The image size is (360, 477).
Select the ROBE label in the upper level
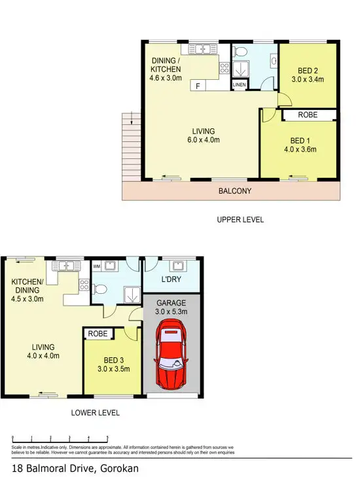308,115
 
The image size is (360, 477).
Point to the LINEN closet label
238,85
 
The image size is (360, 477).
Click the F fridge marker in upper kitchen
197,85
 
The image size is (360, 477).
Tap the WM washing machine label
97,266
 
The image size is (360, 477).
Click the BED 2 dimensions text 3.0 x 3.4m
308,81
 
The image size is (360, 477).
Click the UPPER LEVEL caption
240,220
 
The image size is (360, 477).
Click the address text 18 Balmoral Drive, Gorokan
75,468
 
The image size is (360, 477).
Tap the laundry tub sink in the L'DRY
176,266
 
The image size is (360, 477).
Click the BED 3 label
110,360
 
